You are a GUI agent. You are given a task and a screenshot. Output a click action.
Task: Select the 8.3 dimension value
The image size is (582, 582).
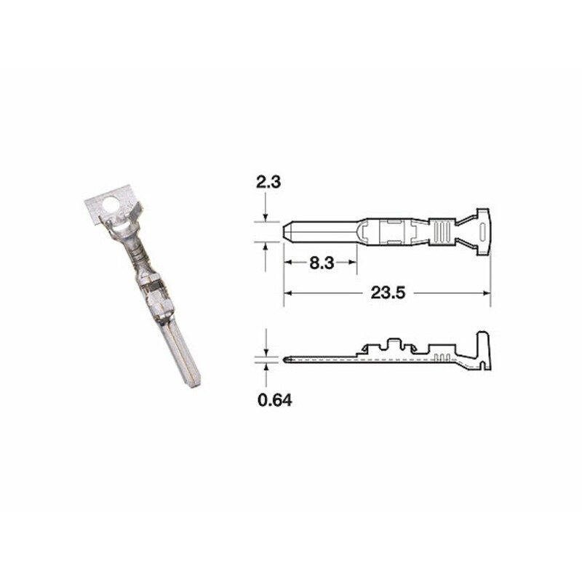tap(321, 263)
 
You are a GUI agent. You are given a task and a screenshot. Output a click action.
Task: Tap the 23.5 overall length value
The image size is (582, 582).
tap(387, 293)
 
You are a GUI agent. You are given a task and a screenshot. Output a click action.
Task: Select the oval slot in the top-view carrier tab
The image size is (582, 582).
tap(482, 232)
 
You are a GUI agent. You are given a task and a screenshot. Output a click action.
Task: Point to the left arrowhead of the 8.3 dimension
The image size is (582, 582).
tap(287, 263)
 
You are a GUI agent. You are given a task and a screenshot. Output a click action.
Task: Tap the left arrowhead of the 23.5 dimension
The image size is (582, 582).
tap(287, 293)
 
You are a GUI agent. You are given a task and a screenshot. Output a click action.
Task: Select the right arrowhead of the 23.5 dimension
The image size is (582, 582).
tap(487, 293)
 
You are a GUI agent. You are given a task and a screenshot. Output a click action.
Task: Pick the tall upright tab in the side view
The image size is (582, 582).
tap(482, 346)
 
